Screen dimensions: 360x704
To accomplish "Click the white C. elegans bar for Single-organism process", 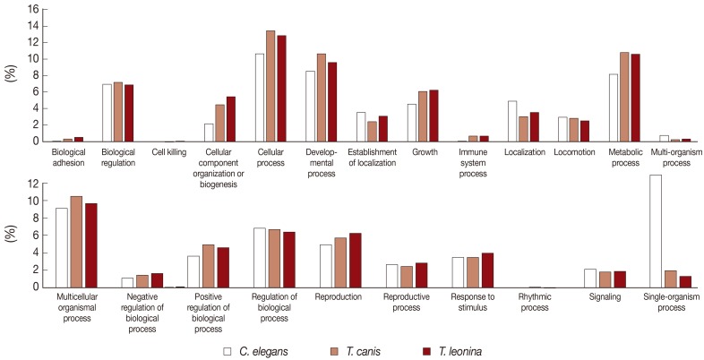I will (656, 231).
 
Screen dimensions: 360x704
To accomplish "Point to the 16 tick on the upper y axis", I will (31, 9).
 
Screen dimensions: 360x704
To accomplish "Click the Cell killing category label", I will (169, 153).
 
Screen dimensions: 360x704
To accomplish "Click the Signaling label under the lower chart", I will (606, 296).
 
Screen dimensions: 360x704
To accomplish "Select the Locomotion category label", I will (574, 153).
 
